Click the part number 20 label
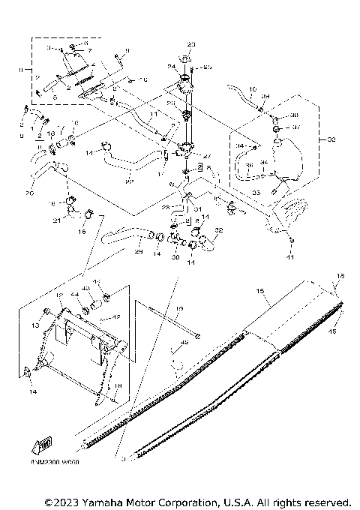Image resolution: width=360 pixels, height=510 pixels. [29, 193]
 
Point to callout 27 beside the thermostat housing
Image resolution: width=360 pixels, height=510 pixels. [208, 157]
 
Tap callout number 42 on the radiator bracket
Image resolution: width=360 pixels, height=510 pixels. [115, 317]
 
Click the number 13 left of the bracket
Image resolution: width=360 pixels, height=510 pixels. [35, 327]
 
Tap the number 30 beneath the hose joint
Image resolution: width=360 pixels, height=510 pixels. [175, 257]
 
